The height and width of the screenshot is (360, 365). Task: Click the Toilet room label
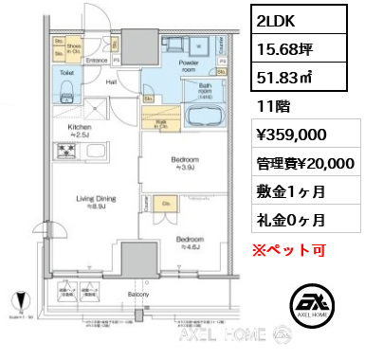66,71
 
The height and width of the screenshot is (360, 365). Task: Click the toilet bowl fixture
65,90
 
